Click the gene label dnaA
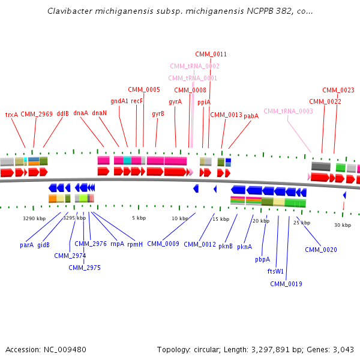pos(81,113)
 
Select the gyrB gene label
pos(158,113)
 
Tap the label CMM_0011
pos(211,54)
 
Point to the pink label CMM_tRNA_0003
pos(288,111)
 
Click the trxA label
pos(11,114)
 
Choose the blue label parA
pos(26,245)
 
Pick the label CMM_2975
pos(85,268)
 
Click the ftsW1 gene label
pos(275,271)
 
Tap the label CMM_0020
pos(321,250)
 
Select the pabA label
pos(251,116)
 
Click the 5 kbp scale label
pos(139,218)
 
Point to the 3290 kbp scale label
pos(34,218)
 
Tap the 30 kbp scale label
pos(343,225)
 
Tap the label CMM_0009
pos(163,244)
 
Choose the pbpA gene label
pos(262,260)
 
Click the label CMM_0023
pos(338,90)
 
